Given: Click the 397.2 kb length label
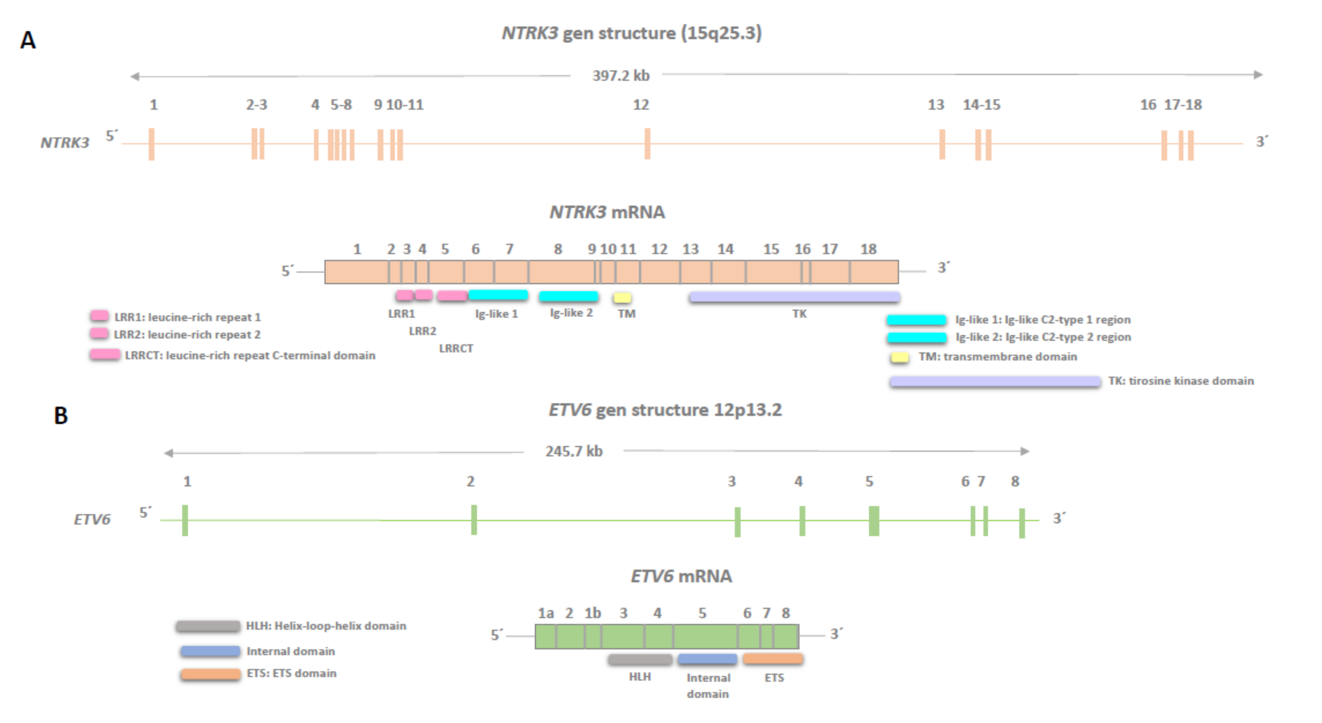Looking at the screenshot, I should pos(620,75).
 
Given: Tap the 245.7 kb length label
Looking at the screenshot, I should pos(573,451).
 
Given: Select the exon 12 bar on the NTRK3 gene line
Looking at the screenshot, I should pos(647,144).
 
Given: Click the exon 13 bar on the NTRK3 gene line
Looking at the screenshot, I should pos(942,144).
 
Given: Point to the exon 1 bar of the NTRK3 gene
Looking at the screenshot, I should pos(151,144).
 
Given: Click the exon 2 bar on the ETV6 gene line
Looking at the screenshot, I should pos(474,520).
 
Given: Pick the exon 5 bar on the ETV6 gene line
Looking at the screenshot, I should pos(873,521).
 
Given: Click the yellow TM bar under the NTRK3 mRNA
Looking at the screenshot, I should pos(623,298).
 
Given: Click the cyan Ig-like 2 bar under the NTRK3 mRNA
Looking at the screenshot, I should pos(568,296).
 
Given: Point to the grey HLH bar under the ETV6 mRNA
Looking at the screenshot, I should pos(640,659).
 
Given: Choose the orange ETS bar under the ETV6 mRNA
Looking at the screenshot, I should pos(772,658).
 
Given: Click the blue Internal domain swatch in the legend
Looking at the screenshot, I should pos(210,651).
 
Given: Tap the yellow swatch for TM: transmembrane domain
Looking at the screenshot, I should pos(899,357).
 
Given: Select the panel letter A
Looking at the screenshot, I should pos(28,40).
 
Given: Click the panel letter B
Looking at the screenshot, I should pos(61,416).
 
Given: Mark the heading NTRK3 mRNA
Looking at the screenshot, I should pos(607,212).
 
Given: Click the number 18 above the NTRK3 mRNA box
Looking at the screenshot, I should pos(868,249).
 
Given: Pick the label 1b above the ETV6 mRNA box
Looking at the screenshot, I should pos(592,613).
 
